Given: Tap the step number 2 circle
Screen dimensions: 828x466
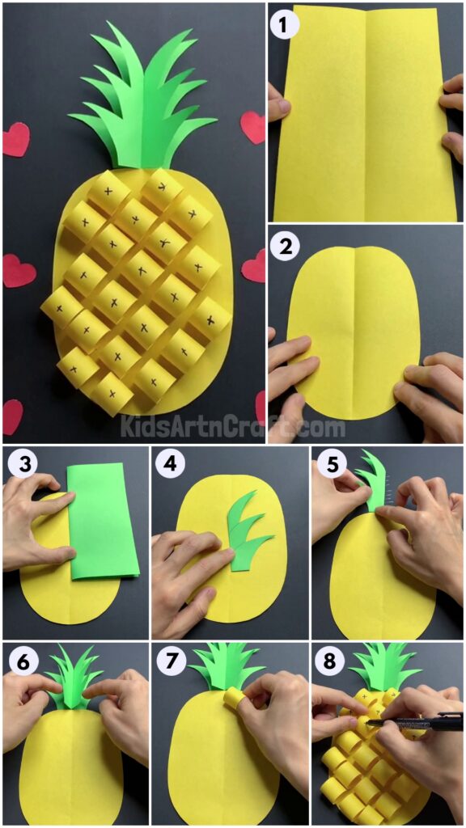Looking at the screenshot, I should [x=283, y=246].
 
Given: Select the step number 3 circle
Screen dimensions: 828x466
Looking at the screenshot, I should [x=19, y=465].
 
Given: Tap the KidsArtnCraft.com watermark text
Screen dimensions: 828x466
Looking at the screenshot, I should [x=233, y=426].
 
